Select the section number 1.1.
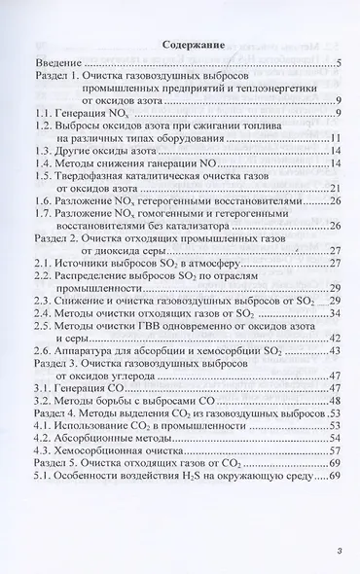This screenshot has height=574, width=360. [x=44, y=114]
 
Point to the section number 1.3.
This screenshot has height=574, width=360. [x=44, y=151]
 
